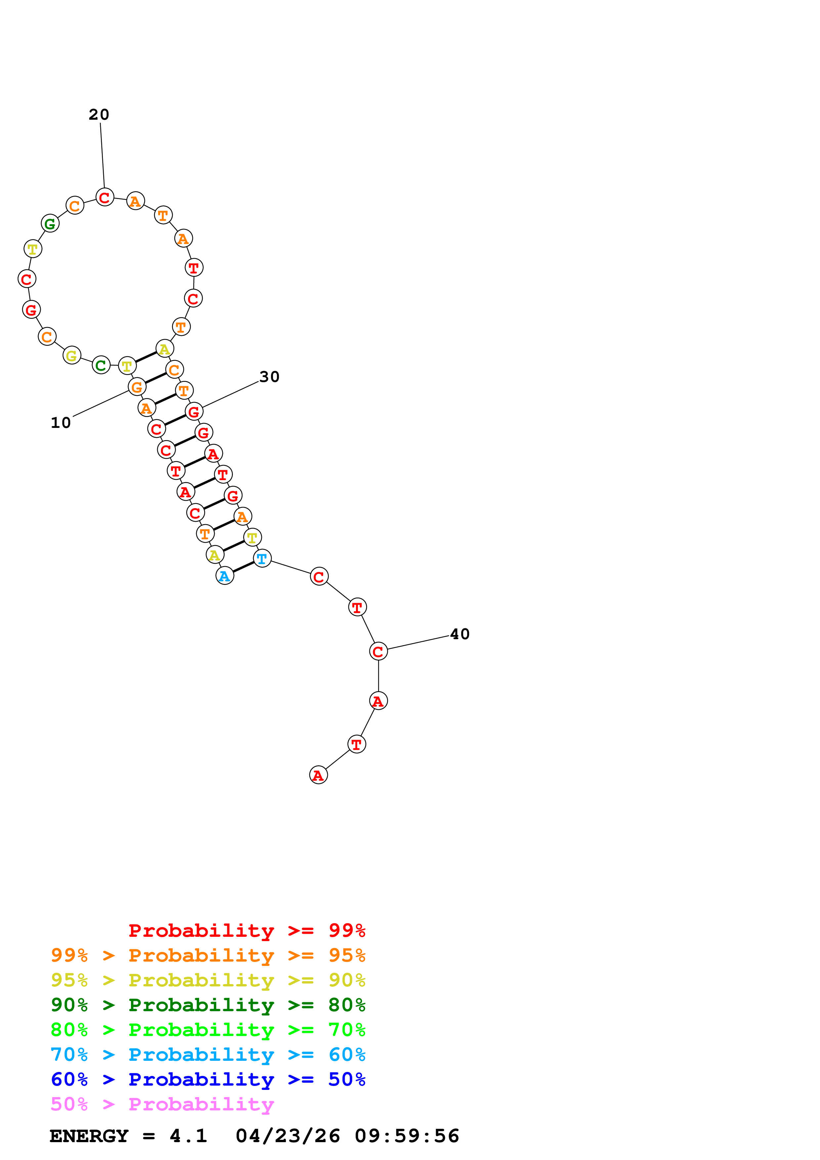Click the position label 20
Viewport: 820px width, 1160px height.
point(99,115)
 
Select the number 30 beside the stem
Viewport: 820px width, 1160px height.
point(269,377)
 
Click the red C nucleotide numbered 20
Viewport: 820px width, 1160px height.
point(105,197)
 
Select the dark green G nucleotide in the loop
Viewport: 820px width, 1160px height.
point(50,223)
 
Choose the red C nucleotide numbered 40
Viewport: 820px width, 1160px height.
point(378,651)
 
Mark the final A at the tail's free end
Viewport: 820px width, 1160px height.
point(318,775)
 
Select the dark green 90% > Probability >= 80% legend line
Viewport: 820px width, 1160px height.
point(208,1005)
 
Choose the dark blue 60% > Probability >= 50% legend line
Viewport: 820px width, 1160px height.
point(208,1079)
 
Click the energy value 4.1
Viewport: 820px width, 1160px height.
point(189,1136)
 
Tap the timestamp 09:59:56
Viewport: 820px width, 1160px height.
point(407,1136)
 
